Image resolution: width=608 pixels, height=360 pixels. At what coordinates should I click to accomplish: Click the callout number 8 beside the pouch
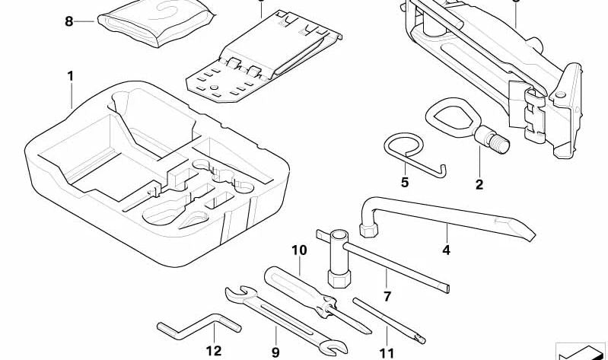click(69, 21)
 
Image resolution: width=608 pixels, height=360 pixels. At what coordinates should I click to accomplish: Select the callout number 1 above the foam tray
click(70, 76)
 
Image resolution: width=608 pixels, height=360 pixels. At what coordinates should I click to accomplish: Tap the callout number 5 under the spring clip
click(405, 182)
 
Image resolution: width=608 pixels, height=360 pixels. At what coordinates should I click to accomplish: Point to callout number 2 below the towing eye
click(479, 185)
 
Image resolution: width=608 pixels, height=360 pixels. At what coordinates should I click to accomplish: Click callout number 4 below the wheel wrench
click(447, 250)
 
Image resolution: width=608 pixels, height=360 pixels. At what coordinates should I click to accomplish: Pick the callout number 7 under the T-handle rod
click(387, 297)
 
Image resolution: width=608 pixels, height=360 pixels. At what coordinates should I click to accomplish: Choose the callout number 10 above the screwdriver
click(299, 250)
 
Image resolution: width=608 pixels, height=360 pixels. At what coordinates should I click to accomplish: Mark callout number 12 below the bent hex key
click(214, 351)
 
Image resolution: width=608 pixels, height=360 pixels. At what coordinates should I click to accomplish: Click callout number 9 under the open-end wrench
click(275, 352)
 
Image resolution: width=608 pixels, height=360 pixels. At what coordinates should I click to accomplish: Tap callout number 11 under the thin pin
click(387, 353)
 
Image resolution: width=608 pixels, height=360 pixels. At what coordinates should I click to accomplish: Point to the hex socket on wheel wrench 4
click(368, 229)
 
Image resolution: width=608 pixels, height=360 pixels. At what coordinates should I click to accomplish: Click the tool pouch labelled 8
click(156, 23)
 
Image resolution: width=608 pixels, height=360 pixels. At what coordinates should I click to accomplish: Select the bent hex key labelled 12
click(199, 326)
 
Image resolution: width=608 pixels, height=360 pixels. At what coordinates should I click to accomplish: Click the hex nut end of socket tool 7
click(339, 279)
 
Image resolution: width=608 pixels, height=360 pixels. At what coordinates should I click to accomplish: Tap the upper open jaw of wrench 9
click(237, 293)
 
